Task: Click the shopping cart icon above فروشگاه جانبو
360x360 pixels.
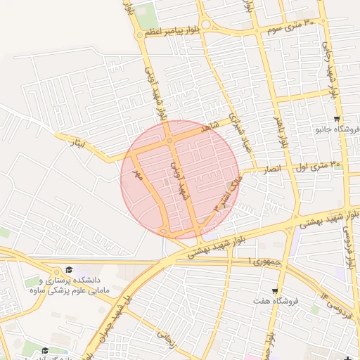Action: point(338,119)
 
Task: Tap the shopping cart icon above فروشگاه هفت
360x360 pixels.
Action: point(274,290)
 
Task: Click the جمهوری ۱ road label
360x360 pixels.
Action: point(259,260)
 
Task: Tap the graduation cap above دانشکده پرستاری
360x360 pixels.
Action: point(69,270)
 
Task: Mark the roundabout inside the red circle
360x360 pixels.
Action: point(169,141)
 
